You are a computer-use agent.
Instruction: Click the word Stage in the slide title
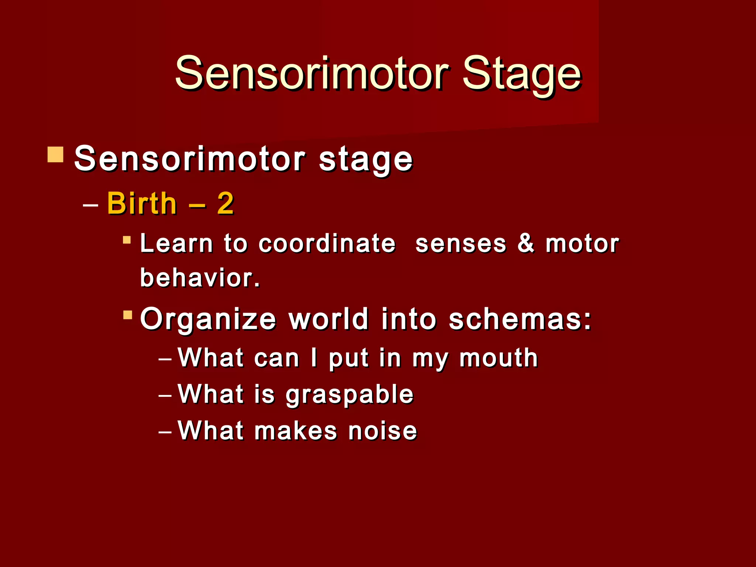tap(522, 74)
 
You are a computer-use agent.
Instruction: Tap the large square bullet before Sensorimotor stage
tap(56, 155)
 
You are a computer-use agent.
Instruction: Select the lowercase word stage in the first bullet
tap(365, 159)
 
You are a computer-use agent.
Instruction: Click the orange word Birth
tap(142, 204)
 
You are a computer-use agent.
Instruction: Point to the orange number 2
tap(225, 204)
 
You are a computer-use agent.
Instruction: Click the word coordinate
tap(327, 244)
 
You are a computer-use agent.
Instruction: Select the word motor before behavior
tap(582, 244)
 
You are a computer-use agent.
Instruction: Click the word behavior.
tap(200, 278)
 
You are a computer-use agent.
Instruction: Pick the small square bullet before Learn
tap(127, 240)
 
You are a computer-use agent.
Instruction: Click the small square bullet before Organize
tap(128, 315)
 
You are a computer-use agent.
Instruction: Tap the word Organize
tap(208, 320)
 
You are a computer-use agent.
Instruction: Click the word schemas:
tap(520, 319)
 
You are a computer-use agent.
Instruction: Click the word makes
tap(296, 431)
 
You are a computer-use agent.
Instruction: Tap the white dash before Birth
tap(91, 204)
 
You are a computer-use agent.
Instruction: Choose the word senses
tap(461, 244)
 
